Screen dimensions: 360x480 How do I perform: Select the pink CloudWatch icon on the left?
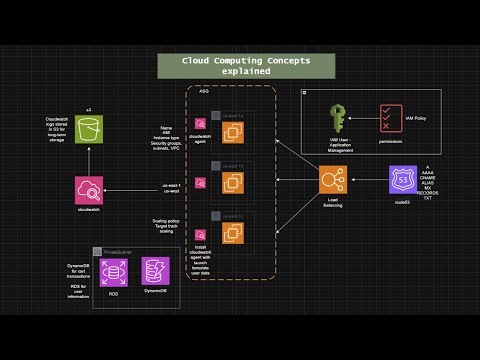89,191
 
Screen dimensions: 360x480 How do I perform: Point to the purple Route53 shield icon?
403,180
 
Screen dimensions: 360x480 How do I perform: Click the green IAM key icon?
337,119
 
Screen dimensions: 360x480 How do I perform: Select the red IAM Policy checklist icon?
391,119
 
